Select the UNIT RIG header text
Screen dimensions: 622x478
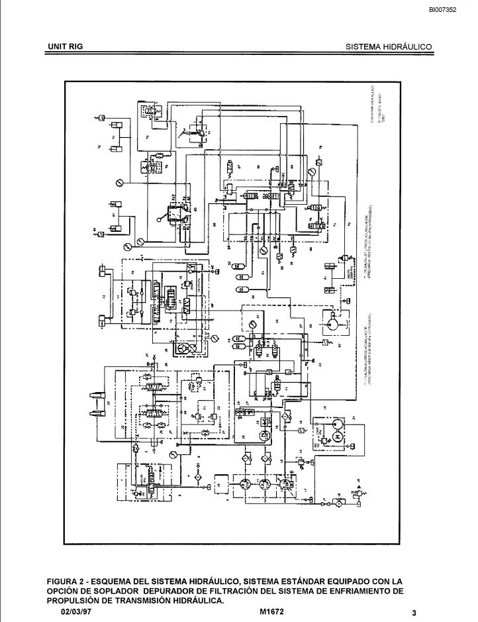65,47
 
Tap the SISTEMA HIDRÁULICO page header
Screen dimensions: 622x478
389,47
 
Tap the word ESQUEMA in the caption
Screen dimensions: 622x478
119,581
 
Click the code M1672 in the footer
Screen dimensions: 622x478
272,612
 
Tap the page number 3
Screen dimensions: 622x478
414,613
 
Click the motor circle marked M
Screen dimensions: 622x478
335,437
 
